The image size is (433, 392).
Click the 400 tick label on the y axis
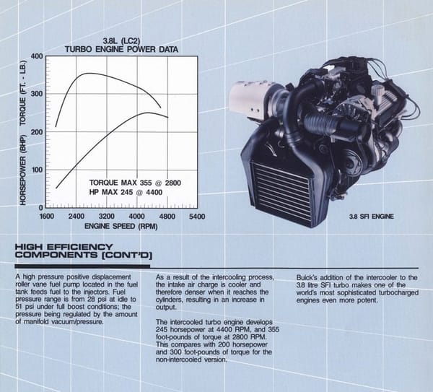38,56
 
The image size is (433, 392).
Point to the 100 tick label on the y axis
38,170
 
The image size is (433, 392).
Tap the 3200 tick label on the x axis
107,216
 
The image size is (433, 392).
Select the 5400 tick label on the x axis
197,217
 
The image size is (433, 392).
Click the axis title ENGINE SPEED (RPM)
121,226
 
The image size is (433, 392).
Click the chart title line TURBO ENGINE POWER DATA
121,49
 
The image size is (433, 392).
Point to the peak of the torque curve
89,73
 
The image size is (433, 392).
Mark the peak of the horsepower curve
148,113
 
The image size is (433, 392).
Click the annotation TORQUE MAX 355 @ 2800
135,183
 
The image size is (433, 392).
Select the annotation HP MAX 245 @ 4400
126,192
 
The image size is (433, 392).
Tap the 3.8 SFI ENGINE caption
372,217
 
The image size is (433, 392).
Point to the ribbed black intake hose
320,123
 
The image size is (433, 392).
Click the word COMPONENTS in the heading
56,255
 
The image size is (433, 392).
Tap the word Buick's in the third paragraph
306,278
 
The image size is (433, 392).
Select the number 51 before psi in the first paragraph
19,307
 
